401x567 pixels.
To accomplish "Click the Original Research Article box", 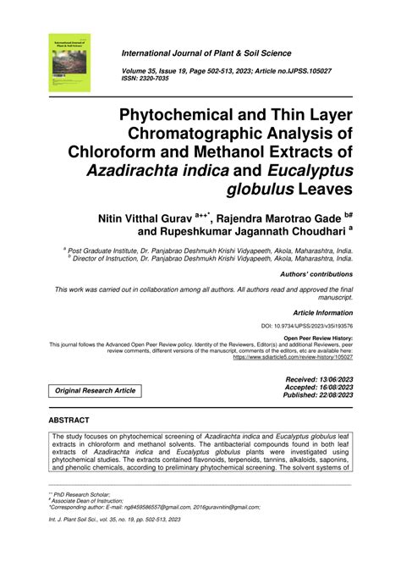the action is (96, 392).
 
